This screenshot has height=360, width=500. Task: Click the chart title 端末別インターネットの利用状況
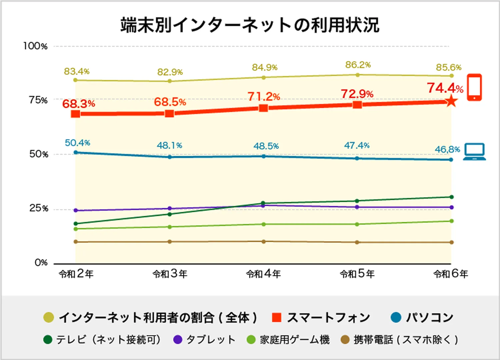pos(250,25)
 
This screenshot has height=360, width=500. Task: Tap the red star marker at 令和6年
pos(451,101)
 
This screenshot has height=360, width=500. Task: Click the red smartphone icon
pos(474,87)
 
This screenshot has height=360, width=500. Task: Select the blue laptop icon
pos(474,152)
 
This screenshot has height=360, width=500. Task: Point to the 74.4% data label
pos(445,88)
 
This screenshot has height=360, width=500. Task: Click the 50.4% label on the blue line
pos(77,143)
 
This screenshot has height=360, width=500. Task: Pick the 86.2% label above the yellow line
pos(358,65)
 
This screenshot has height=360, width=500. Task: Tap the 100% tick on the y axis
pos(35,46)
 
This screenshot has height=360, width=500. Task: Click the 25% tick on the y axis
pos(39,208)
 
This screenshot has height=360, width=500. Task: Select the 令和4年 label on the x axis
pos(263,274)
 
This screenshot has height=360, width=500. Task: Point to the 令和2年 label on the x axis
pos(76,274)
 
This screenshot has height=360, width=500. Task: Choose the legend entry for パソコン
pos(422,318)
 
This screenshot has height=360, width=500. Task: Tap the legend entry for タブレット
pos(204,340)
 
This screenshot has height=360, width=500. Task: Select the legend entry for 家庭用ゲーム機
pos(288,340)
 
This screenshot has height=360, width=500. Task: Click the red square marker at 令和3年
pos(169,114)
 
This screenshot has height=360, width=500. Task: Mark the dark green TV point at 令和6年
pos(451,197)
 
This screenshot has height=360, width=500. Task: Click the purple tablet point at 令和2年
pos(76,210)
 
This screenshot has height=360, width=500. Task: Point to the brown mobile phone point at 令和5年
pos(357,242)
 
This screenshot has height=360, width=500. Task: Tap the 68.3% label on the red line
pos(79,104)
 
